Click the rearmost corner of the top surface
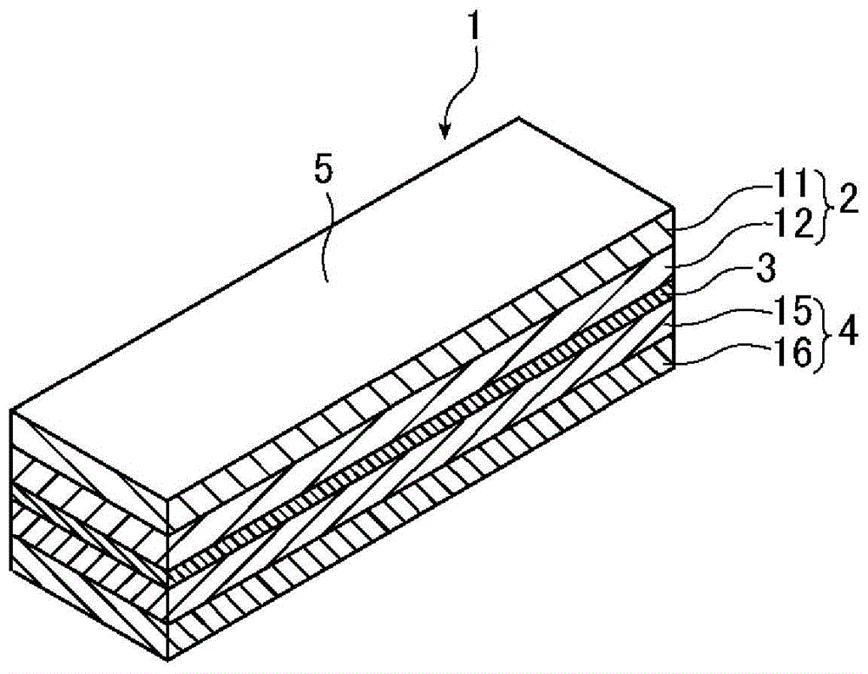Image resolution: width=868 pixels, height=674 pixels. (518, 116)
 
